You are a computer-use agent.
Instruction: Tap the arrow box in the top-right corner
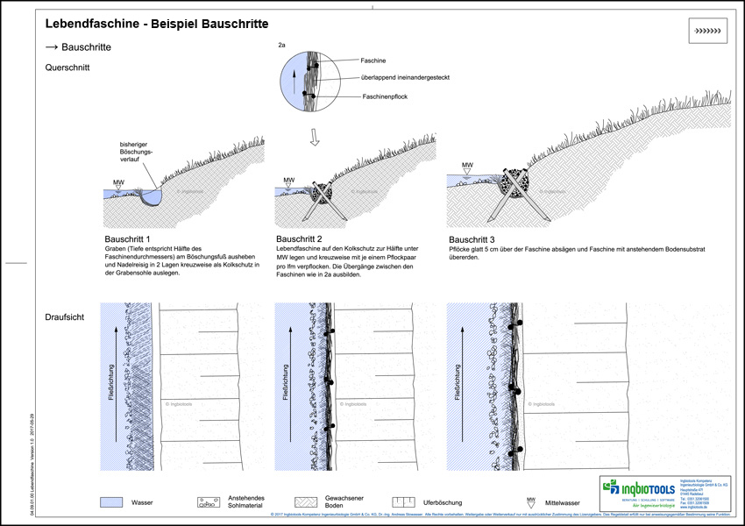click(706, 32)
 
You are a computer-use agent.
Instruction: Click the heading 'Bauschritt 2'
click(300, 238)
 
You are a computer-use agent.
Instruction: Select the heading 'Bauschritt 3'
click(472, 238)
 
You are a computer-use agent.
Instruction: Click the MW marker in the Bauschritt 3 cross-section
click(467, 166)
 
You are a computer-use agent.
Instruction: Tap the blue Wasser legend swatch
click(111, 503)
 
